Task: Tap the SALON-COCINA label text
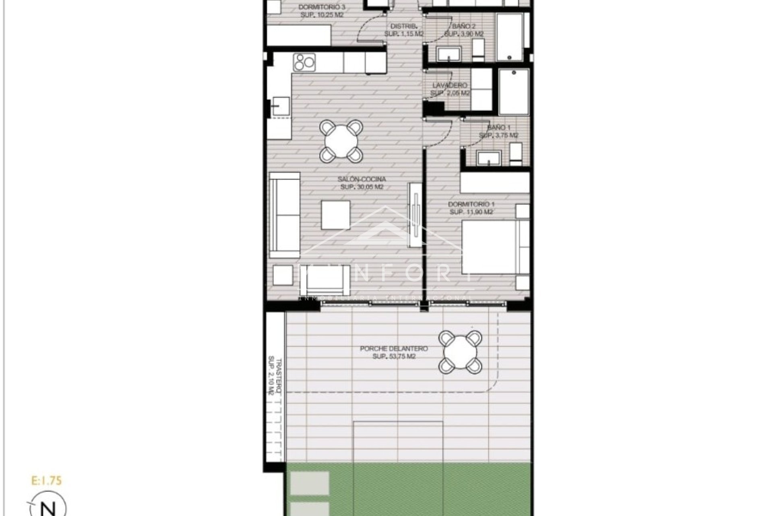[x=362, y=179]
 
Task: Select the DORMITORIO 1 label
[x=471, y=204]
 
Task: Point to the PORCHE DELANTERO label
[x=394, y=349]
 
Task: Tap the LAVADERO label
[x=450, y=85]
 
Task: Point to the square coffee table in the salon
[x=336, y=215]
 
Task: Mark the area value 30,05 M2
[x=362, y=187]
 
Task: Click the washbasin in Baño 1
[x=489, y=158]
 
